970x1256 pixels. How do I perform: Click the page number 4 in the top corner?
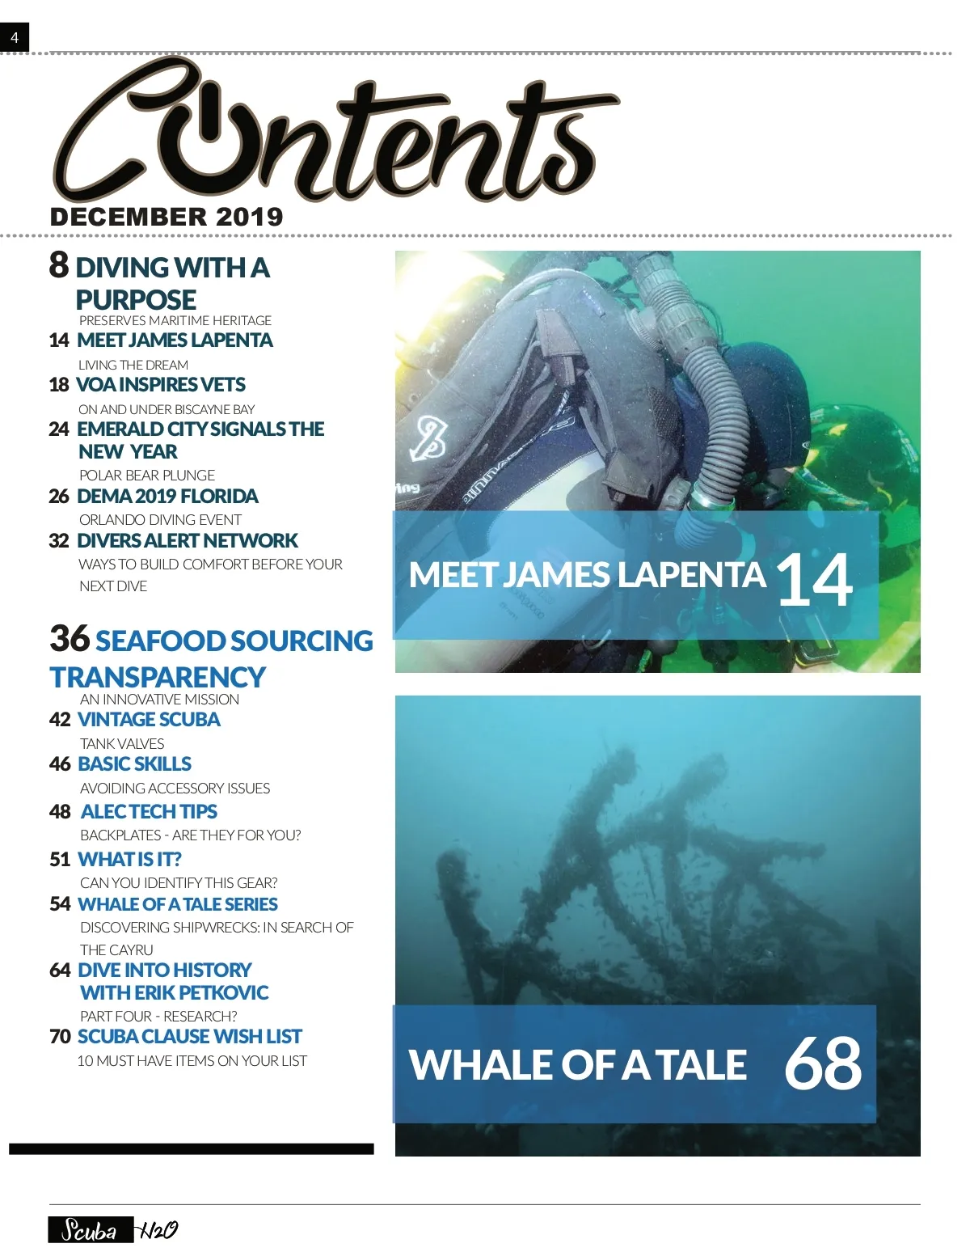[15, 37]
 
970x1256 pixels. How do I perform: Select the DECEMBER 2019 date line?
[167, 217]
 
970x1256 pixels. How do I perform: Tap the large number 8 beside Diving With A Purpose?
[59, 265]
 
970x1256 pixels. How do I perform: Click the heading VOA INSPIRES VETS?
[160, 385]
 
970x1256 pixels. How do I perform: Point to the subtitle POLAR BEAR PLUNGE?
[147, 476]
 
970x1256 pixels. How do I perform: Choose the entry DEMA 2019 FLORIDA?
[167, 497]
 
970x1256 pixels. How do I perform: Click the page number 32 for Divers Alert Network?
[59, 541]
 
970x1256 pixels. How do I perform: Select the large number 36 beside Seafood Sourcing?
[70, 638]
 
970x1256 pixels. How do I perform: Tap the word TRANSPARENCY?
[158, 677]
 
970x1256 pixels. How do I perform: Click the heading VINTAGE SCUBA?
[149, 720]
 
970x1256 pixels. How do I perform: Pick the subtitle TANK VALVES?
[122, 744]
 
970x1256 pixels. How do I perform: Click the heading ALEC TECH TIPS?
[149, 812]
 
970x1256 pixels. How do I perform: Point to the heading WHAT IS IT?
[129, 859]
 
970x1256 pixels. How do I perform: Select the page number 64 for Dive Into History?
[60, 970]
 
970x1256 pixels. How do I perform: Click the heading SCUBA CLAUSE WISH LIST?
[189, 1037]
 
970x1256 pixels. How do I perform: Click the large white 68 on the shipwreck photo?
[823, 1063]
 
